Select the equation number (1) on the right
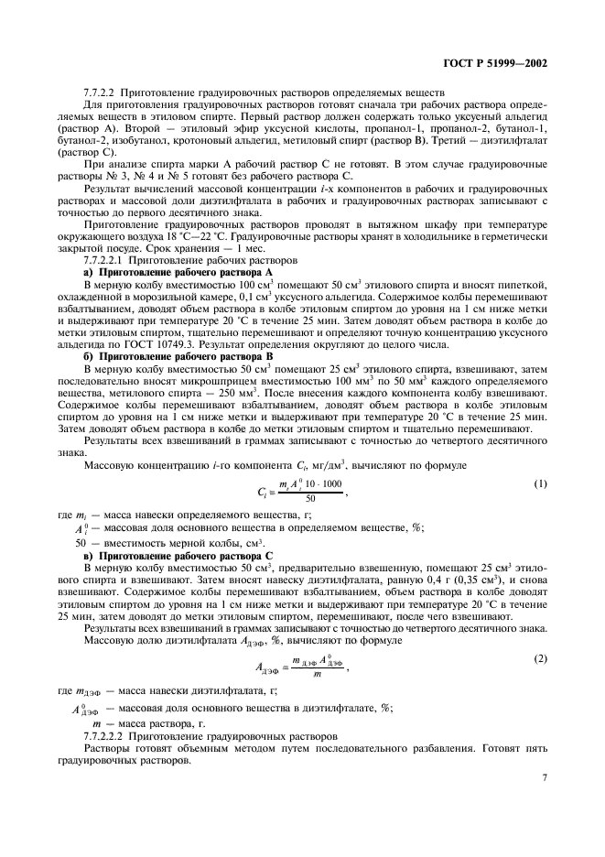click(541, 483)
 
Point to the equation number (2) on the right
click(541, 658)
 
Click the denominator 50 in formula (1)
click(310, 499)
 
